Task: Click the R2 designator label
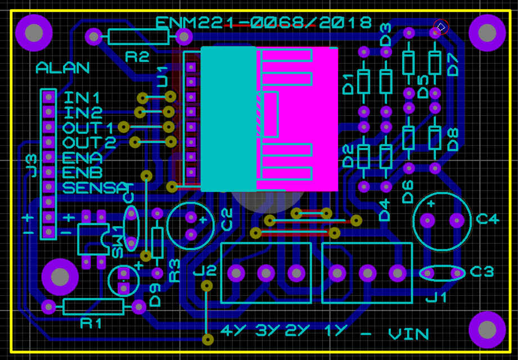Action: pos(137,57)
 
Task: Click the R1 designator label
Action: pos(92,323)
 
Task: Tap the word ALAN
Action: pos(62,68)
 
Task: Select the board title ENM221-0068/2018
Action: pos(263,23)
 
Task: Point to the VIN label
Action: pos(409,334)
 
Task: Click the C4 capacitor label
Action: pos(488,219)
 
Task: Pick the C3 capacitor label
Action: pos(482,272)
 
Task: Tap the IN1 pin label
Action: pos(83,98)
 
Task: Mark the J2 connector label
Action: pos(205,272)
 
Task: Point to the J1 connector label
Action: pos(436,296)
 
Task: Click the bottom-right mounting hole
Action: pos(487,329)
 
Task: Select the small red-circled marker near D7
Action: pos(441,26)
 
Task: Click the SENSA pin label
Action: pos(95,187)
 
